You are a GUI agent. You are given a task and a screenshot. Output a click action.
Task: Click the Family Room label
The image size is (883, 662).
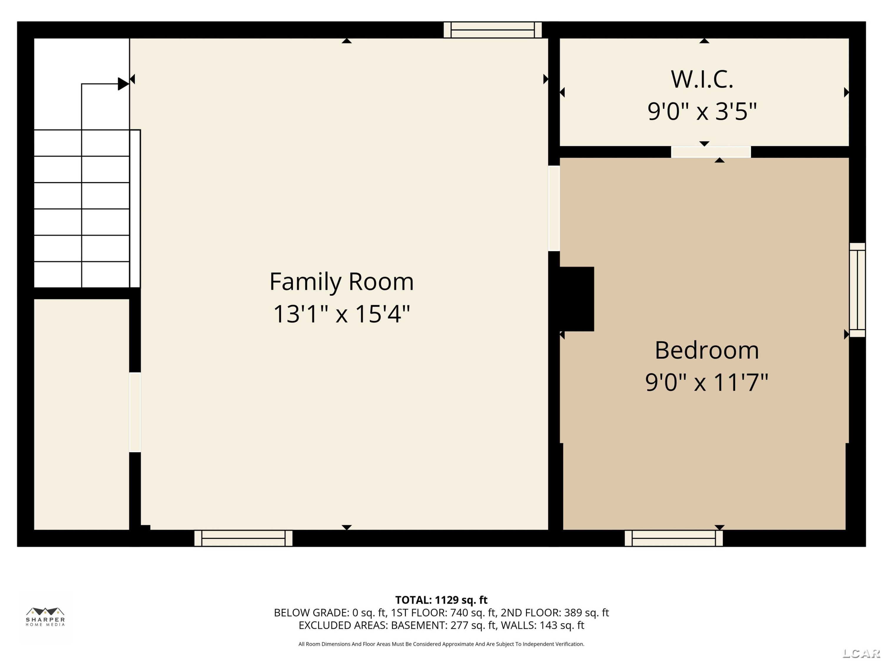point(342,282)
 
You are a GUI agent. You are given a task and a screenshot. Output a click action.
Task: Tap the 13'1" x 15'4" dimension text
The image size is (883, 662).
point(342,314)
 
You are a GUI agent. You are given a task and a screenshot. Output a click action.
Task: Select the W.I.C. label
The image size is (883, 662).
point(702,79)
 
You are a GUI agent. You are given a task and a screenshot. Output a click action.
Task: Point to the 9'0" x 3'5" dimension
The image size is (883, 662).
point(702,111)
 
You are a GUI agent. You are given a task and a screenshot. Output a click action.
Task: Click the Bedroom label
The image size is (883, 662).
point(707,350)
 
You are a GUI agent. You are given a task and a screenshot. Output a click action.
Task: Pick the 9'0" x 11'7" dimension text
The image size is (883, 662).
point(707,382)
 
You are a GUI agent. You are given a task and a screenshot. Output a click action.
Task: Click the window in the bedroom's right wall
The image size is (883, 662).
point(857,290)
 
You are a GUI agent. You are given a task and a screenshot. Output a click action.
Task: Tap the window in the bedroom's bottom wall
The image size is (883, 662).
point(674,538)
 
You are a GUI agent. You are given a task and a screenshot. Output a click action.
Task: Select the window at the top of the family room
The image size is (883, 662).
point(493,30)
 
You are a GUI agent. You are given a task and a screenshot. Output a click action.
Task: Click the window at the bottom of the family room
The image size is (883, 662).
point(243,538)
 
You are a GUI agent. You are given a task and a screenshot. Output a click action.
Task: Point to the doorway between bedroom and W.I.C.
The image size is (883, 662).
point(711,152)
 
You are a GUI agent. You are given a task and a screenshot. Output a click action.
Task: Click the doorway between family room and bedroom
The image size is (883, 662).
point(554,208)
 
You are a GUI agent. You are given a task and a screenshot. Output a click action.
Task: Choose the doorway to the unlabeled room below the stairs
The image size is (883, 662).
point(135,412)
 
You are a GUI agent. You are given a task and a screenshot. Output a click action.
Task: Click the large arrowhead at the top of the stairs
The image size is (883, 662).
point(124,84)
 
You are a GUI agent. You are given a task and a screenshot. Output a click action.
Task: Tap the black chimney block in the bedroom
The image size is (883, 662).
point(577,299)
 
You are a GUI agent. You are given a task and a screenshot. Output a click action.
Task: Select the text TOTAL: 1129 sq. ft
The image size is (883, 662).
point(441,600)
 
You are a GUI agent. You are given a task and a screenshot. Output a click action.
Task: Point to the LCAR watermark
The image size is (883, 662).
point(862,653)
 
